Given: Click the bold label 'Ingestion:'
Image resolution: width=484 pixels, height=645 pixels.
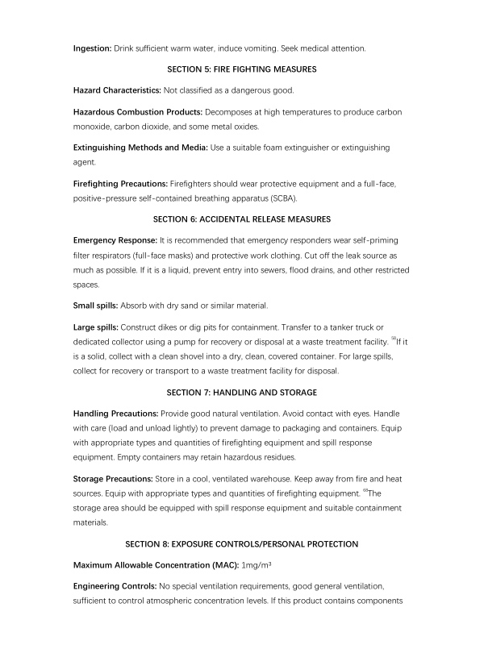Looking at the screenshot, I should tap(92, 48).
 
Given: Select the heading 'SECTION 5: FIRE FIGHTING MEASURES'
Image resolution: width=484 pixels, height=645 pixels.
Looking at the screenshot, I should tap(242, 69).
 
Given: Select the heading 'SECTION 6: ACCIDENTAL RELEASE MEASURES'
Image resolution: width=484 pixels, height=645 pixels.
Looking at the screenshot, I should tap(242, 219).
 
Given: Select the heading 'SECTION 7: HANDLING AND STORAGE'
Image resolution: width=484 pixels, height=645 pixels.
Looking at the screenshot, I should tap(242, 393).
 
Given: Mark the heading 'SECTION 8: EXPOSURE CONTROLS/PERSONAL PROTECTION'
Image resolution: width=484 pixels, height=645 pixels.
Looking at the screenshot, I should tap(242, 543).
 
